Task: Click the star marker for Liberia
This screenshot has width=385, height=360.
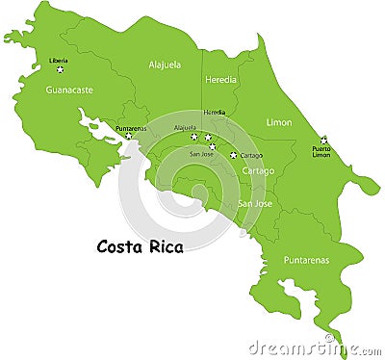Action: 60,69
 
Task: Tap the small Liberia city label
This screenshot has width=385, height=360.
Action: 59,61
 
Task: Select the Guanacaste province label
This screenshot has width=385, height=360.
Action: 69,90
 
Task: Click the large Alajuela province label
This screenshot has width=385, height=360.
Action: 165,64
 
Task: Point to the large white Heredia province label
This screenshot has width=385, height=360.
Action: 221,81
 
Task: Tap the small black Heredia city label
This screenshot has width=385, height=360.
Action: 214,113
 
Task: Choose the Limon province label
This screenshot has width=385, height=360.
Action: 279,122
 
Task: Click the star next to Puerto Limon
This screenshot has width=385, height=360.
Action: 323,141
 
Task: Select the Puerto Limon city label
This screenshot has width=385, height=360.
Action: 321,152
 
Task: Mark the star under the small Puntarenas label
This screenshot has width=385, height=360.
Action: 127,136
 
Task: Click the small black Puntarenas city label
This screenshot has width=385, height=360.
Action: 131,128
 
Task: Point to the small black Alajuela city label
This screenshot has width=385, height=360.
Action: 185,127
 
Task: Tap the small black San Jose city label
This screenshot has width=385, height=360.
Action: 201,154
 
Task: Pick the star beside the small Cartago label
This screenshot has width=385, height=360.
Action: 233,154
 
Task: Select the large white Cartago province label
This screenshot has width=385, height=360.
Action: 258,171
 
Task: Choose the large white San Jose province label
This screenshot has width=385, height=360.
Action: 256,204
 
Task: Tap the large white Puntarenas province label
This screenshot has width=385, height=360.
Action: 306,260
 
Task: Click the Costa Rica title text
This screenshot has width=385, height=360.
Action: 141,246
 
